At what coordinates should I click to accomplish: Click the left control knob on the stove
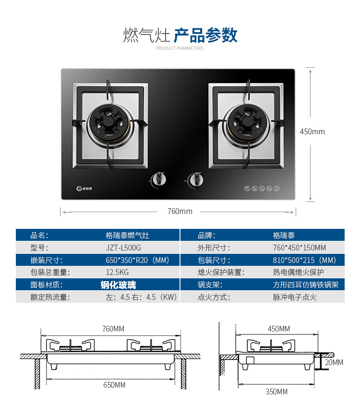[159, 179]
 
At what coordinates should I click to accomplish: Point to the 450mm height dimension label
[312, 131]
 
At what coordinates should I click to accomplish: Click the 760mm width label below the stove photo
[180, 212]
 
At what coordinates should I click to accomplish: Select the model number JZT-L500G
[123, 248]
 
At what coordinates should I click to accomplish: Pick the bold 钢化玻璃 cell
[118, 285]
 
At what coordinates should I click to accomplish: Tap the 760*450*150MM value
[299, 248]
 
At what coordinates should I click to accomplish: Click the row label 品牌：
[206, 236]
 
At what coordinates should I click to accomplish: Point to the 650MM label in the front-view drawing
[114, 385]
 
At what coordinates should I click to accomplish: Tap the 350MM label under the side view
[276, 392]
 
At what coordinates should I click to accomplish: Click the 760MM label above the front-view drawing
[113, 329]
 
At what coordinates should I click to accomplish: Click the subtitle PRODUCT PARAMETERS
[180, 48]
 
